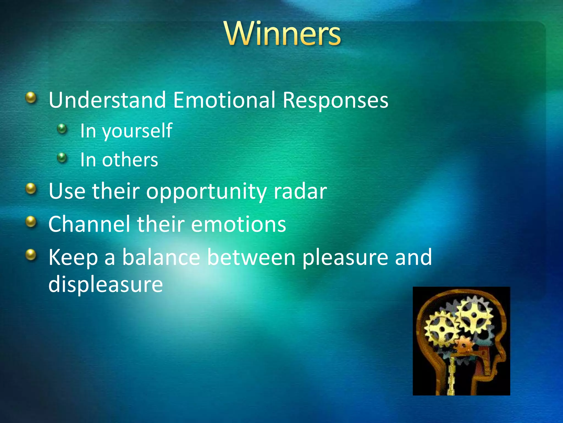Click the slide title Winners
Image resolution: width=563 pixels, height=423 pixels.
(x=283, y=34)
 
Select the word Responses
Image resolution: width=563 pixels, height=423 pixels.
(x=335, y=100)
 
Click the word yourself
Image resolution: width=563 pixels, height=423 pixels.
(x=137, y=131)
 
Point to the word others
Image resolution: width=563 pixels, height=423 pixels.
(x=130, y=160)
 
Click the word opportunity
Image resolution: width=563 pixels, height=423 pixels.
(x=206, y=192)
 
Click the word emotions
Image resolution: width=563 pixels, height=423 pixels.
(x=238, y=224)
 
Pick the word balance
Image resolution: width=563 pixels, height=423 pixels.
(x=161, y=257)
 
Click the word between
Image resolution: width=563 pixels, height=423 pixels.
(x=251, y=257)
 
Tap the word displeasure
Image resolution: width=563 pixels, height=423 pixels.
(x=106, y=284)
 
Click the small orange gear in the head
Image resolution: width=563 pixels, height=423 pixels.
(x=464, y=345)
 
